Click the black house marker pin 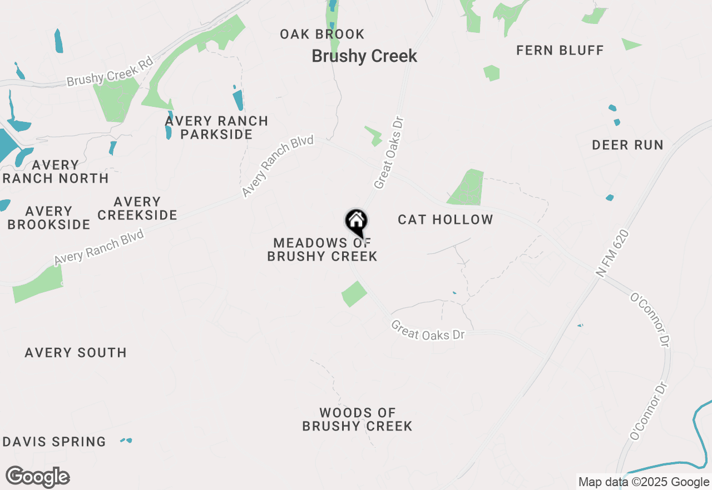coord(356,222)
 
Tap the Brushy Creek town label coord(364,56)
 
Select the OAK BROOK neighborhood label coord(322,35)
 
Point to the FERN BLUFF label coord(560,51)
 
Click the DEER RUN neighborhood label coord(627,145)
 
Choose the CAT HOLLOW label coord(446,220)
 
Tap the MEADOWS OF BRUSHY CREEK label coord(322,249)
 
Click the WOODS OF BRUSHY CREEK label coord(357,419)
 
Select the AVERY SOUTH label coord(76,352)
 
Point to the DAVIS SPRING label coord(55,442)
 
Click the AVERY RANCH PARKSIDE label coord(216,128)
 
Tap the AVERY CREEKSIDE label coord(137,208)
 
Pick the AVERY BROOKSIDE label coord(49,218)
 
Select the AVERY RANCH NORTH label coord(56,171)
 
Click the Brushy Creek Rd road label coord(110,73)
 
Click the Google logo coord(38,477)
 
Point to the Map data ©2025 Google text coord(644,482)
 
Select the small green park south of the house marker coord(354,293)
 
